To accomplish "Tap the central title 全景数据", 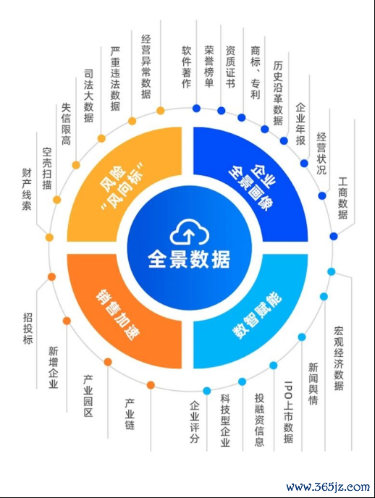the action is click(189, 260).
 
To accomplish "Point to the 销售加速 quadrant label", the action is click(118, 315).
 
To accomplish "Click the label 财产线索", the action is click(27, 189).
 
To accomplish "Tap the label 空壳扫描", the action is click(47, 169).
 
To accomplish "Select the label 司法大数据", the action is click(89, 96).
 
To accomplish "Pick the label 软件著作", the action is click(187, 67).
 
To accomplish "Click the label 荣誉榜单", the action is click(209, 67).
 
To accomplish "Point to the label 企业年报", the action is click(300, 124).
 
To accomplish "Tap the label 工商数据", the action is click(343, 198).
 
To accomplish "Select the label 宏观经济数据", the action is click(339, 358).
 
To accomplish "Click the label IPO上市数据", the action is click(288, 412).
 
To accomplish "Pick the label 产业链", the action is click(130, 415).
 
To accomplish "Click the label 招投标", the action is click(28, 329).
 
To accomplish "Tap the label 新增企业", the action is click(54, 368).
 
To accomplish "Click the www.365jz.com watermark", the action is click(328, 486).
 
